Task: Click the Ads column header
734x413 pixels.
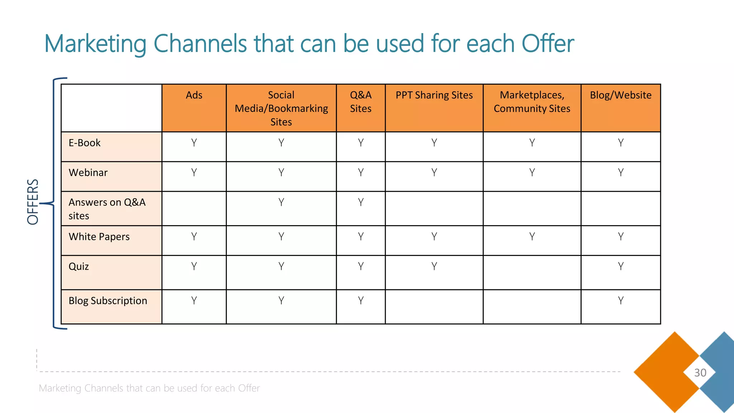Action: [x=194, y=95]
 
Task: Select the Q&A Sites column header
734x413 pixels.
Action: [x=361, y=102]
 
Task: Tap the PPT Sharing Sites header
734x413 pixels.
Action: [x=434, y=95]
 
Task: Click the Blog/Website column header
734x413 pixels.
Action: [x=620, y=95]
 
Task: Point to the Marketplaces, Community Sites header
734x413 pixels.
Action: [x=532, y=102]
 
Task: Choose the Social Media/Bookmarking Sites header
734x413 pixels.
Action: [x=281, y=108]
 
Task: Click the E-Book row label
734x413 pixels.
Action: [x=85, y=143]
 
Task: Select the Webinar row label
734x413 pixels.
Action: [x=88, y=173]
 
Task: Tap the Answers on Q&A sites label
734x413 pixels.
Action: [x=107, y=209]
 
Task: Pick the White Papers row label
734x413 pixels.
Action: [x=99, y=237]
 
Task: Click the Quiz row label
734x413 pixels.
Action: [x=79, y=267]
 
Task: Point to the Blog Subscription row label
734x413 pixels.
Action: [x=108, y=301]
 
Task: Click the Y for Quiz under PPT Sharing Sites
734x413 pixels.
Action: [x=434, y=266]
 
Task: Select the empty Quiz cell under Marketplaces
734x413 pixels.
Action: [x=532, y=272]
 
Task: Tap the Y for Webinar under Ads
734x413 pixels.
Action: [x=194, y=173]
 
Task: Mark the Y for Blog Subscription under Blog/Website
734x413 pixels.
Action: [x=620, y=300]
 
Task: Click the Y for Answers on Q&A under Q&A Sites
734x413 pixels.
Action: [x=361, y=203]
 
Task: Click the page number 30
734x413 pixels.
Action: [x=700, y=373]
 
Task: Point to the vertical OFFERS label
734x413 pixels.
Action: [x=33, y=202]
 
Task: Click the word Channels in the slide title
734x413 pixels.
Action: [x=200, y=44]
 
